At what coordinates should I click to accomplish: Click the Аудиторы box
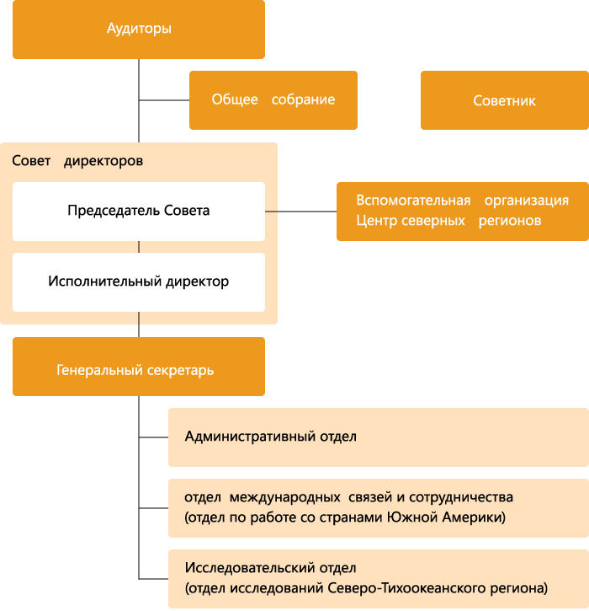139,29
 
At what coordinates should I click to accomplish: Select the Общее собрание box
273,100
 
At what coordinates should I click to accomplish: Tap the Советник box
504,100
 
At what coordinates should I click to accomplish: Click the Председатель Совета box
139,211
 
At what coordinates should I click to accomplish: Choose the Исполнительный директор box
139,281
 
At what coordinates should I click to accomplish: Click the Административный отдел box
378,437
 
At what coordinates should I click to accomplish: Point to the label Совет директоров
77,160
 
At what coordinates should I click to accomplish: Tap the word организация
526,201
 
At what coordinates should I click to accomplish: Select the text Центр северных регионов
448,221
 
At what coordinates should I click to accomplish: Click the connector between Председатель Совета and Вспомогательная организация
300,211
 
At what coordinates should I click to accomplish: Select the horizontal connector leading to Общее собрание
164,100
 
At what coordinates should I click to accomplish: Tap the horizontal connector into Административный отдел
153,437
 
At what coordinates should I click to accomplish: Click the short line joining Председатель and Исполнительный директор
139,246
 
